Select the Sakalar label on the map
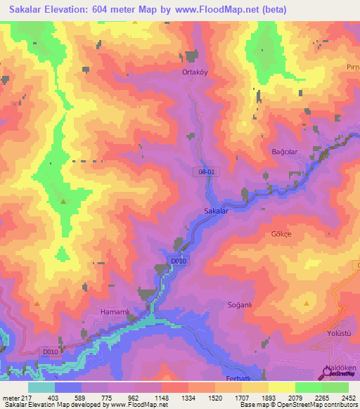click(217, 211)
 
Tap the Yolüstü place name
click(337, 333)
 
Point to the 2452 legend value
click(348, 398)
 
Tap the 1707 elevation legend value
click(241, 398)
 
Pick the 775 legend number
click(108, 398)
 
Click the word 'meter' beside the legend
click(11, 398)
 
